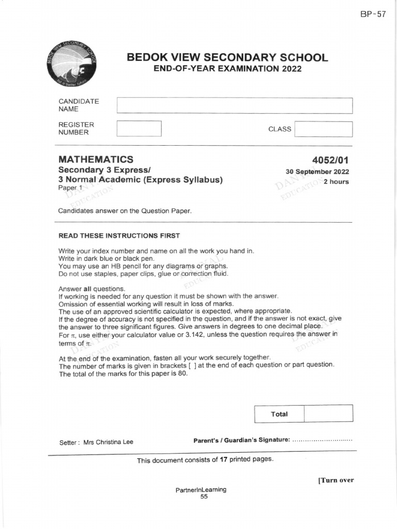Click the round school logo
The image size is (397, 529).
click(x=71, y=64)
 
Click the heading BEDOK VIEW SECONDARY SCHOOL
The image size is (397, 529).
click(x=227, y=57)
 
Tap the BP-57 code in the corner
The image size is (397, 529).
click(x=373, y=14)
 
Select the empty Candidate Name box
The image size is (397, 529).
click(x=235, y=105)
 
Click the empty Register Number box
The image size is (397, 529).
click(x=139, y=129)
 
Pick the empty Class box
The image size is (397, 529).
click(x=323, y=129)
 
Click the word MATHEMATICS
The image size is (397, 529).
click(x=96, y=160)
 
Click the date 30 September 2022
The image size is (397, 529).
click(x=317, y=172)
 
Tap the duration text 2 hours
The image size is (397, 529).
click(x=336, y=182)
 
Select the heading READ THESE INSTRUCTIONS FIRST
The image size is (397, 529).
click(x=119, y=236)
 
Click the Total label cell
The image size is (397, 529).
click(x=279, y=414)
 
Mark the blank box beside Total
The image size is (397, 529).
click(x=328, y=414)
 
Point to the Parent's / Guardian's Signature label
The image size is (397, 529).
click(x=241, y=440)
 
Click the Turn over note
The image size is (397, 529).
click(x=336, y=480)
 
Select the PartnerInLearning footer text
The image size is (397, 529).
click(x=201, y=490)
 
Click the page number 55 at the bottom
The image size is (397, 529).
click(x=204, y=496)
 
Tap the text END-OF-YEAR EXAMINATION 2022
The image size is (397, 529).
click(x=227, y=69)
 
